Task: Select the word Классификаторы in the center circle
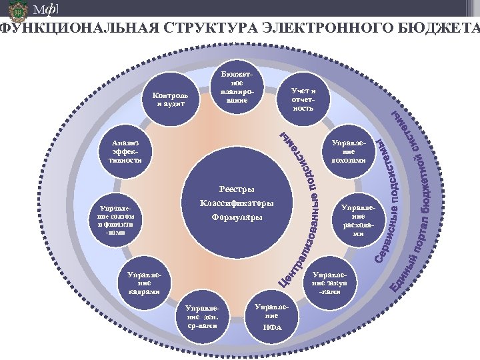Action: point(237,203)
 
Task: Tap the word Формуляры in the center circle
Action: point(237,217)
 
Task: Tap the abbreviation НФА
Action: point(272,327)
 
